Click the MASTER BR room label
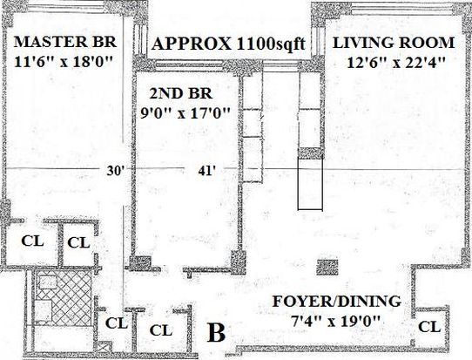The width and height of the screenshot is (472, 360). click(65, 42)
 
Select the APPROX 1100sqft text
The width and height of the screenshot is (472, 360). click(229, 44)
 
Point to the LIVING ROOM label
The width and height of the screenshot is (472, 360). click(394, 43)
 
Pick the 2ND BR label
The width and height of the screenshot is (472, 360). click(181, 93)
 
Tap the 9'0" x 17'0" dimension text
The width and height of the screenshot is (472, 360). click(185, 113)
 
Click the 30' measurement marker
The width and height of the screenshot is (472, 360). click(116, 171)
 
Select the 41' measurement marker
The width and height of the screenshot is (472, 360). click(206, 171)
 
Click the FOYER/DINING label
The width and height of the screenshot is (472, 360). click(336, 302)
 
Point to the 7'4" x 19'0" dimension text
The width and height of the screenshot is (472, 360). click(335, 321)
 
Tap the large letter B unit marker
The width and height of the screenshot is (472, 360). click(216, 333)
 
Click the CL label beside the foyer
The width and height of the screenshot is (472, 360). click(429, 327)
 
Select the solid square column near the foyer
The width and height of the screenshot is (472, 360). click(327, 268)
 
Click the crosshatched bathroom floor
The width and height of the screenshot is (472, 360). click(64, 297)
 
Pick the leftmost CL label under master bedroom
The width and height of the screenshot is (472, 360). click(32, 241)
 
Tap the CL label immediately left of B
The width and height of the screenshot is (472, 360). click(161, 330)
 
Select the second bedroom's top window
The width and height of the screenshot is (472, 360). click(189, 65)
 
